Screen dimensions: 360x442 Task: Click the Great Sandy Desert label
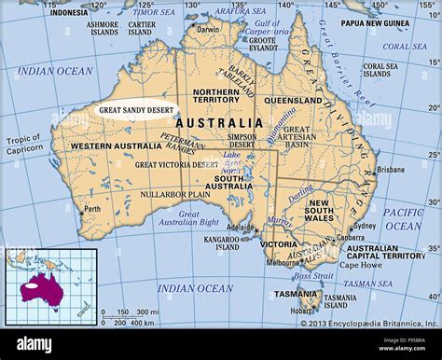point(135,109)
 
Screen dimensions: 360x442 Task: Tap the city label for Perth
point(92,209)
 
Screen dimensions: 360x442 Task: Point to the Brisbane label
point(391,170)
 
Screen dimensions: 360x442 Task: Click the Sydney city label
point(366,225)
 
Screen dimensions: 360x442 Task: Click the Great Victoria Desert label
point(176,165)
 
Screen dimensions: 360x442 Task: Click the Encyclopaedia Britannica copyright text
point(369,324)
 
